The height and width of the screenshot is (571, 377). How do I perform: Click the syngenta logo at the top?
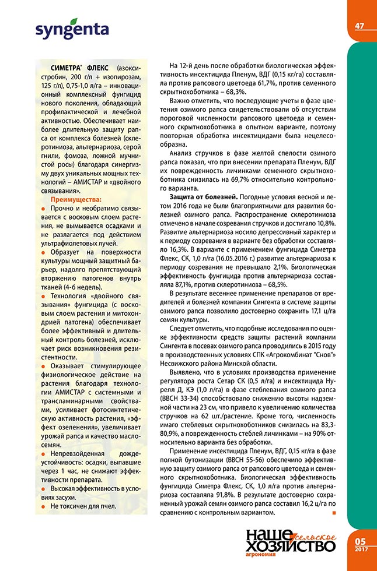(72, 29)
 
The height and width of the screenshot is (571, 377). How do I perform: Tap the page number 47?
(359, 26)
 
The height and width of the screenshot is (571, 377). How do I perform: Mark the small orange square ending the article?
(334, 513)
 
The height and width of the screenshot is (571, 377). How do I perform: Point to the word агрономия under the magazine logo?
(261, 559)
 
